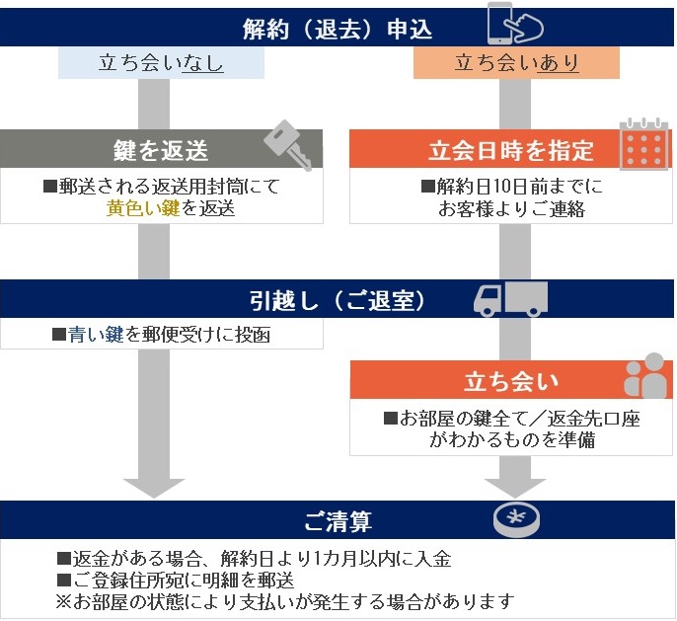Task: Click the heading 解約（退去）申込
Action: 338,29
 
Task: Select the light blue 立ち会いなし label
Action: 161,64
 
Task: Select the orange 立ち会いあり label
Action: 516,64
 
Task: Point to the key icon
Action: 287,146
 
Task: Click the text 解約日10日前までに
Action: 511,186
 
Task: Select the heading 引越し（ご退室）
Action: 338,299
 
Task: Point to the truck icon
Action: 509,298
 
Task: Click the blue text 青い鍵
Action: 96,335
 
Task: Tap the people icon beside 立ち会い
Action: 645,378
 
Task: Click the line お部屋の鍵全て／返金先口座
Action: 511,419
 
